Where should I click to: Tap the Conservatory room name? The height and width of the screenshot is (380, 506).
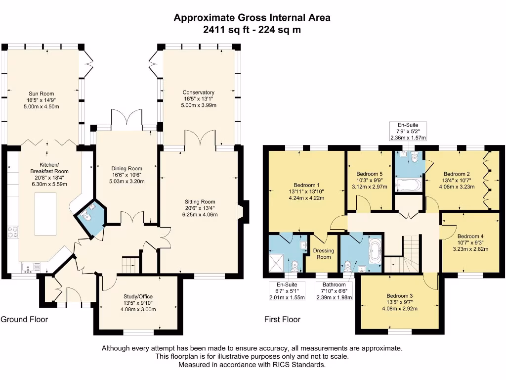(x=198, y=93)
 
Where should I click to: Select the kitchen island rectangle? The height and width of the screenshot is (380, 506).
(x=45, y=214)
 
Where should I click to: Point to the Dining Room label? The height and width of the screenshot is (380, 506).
(x=126, y=168)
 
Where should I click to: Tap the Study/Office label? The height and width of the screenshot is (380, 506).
(x=139, y=297)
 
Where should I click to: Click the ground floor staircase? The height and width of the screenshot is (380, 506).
(x=129, y=265)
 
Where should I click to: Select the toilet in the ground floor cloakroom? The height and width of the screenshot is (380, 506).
(x=86, y=216)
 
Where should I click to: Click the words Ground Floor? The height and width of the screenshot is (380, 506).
(x=24, y=320)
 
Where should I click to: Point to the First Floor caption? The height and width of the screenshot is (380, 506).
(x=282, y=320)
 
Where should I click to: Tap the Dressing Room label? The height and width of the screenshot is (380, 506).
(x=324, y=254)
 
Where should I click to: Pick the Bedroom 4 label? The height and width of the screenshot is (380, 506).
(x=470, y=236)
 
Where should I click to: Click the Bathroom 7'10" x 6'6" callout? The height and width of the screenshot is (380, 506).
(x=334, y=291)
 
